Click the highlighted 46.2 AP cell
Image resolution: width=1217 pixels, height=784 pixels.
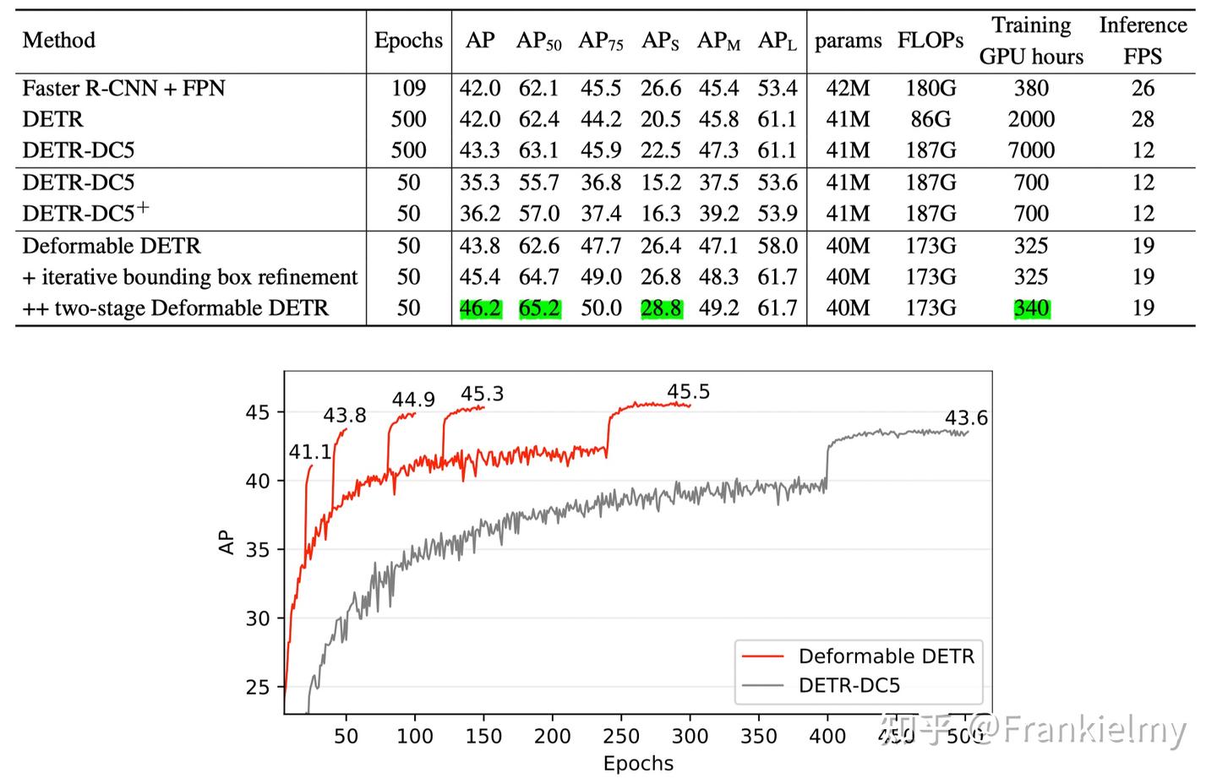pyautogui.click(x=480, y=308)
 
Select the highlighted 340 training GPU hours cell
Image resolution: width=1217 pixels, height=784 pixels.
pyautogui.click(x=1031, y=308)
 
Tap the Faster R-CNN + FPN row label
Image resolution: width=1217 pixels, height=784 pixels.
pyautogui.click(x=123, y=89)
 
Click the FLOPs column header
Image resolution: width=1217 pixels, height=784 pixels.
pyautogui.click(x=930, y=41)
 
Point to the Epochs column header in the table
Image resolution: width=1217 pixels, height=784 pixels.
pyautogui.click(x=408, y=41)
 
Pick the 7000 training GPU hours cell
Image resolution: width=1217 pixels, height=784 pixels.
pyautogui.click(x=1031, y=150)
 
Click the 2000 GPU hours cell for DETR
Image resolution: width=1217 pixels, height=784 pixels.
pyautogui.click(x=1031, y=119)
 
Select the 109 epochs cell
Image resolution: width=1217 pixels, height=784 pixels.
pyautogui.click(x=408, y=89)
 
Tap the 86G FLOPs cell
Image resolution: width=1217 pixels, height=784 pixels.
pyautogui.click(x=930, y=119)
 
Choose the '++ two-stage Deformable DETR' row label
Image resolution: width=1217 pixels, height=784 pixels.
pyautogui.click(x=175, y=308)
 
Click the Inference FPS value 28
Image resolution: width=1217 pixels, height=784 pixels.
pyautogui.click(x=1143, y=119)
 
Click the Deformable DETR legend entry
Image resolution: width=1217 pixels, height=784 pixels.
pyautogui.click(x=886, y=656)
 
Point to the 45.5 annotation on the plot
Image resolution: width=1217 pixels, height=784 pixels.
pyautogui.click(x=688, y=392)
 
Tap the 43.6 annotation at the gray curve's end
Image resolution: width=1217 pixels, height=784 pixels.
pyautogui.click(x=966, y=418)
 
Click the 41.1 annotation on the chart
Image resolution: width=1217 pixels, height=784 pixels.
pyautogui.click(x=310, y=452)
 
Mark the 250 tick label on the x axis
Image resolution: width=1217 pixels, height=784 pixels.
pyautogui.click(x=621, y=737)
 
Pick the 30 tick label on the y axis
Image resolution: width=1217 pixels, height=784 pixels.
pyautogui.click(x=258, y=618)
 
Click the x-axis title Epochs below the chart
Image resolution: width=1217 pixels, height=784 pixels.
pyautogui.click(x=638, y=764)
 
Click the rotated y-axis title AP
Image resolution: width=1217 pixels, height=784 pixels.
pyautogui.click(x=226, y=542)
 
